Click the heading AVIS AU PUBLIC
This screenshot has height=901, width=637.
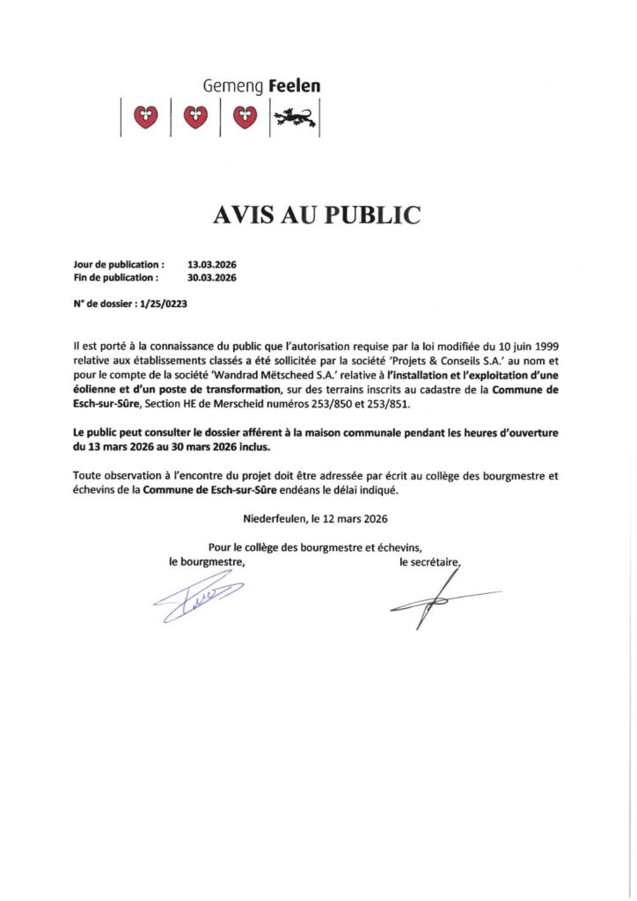tap(318, 214)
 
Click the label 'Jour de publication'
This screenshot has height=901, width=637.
tap(119, 264)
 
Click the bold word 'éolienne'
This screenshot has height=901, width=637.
tap(101, 390)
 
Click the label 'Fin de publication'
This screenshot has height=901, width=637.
tap(116, 277)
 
